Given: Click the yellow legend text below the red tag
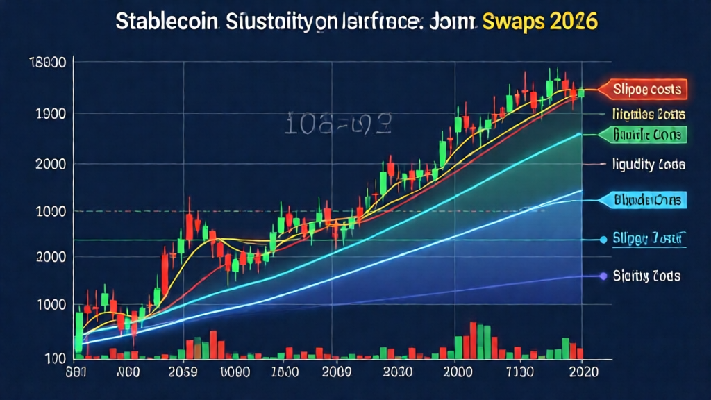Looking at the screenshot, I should pyautogui.click(x=649, y=113).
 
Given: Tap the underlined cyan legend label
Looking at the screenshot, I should pyautogui.click(x=649, y=239).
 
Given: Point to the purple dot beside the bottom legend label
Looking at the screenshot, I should pyautogui.click(x=602, y=276).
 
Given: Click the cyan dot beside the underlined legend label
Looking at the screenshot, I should pyautogui.click(x=603, y=240).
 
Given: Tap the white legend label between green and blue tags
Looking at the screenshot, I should pyautogui.click(x=649, y=165).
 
